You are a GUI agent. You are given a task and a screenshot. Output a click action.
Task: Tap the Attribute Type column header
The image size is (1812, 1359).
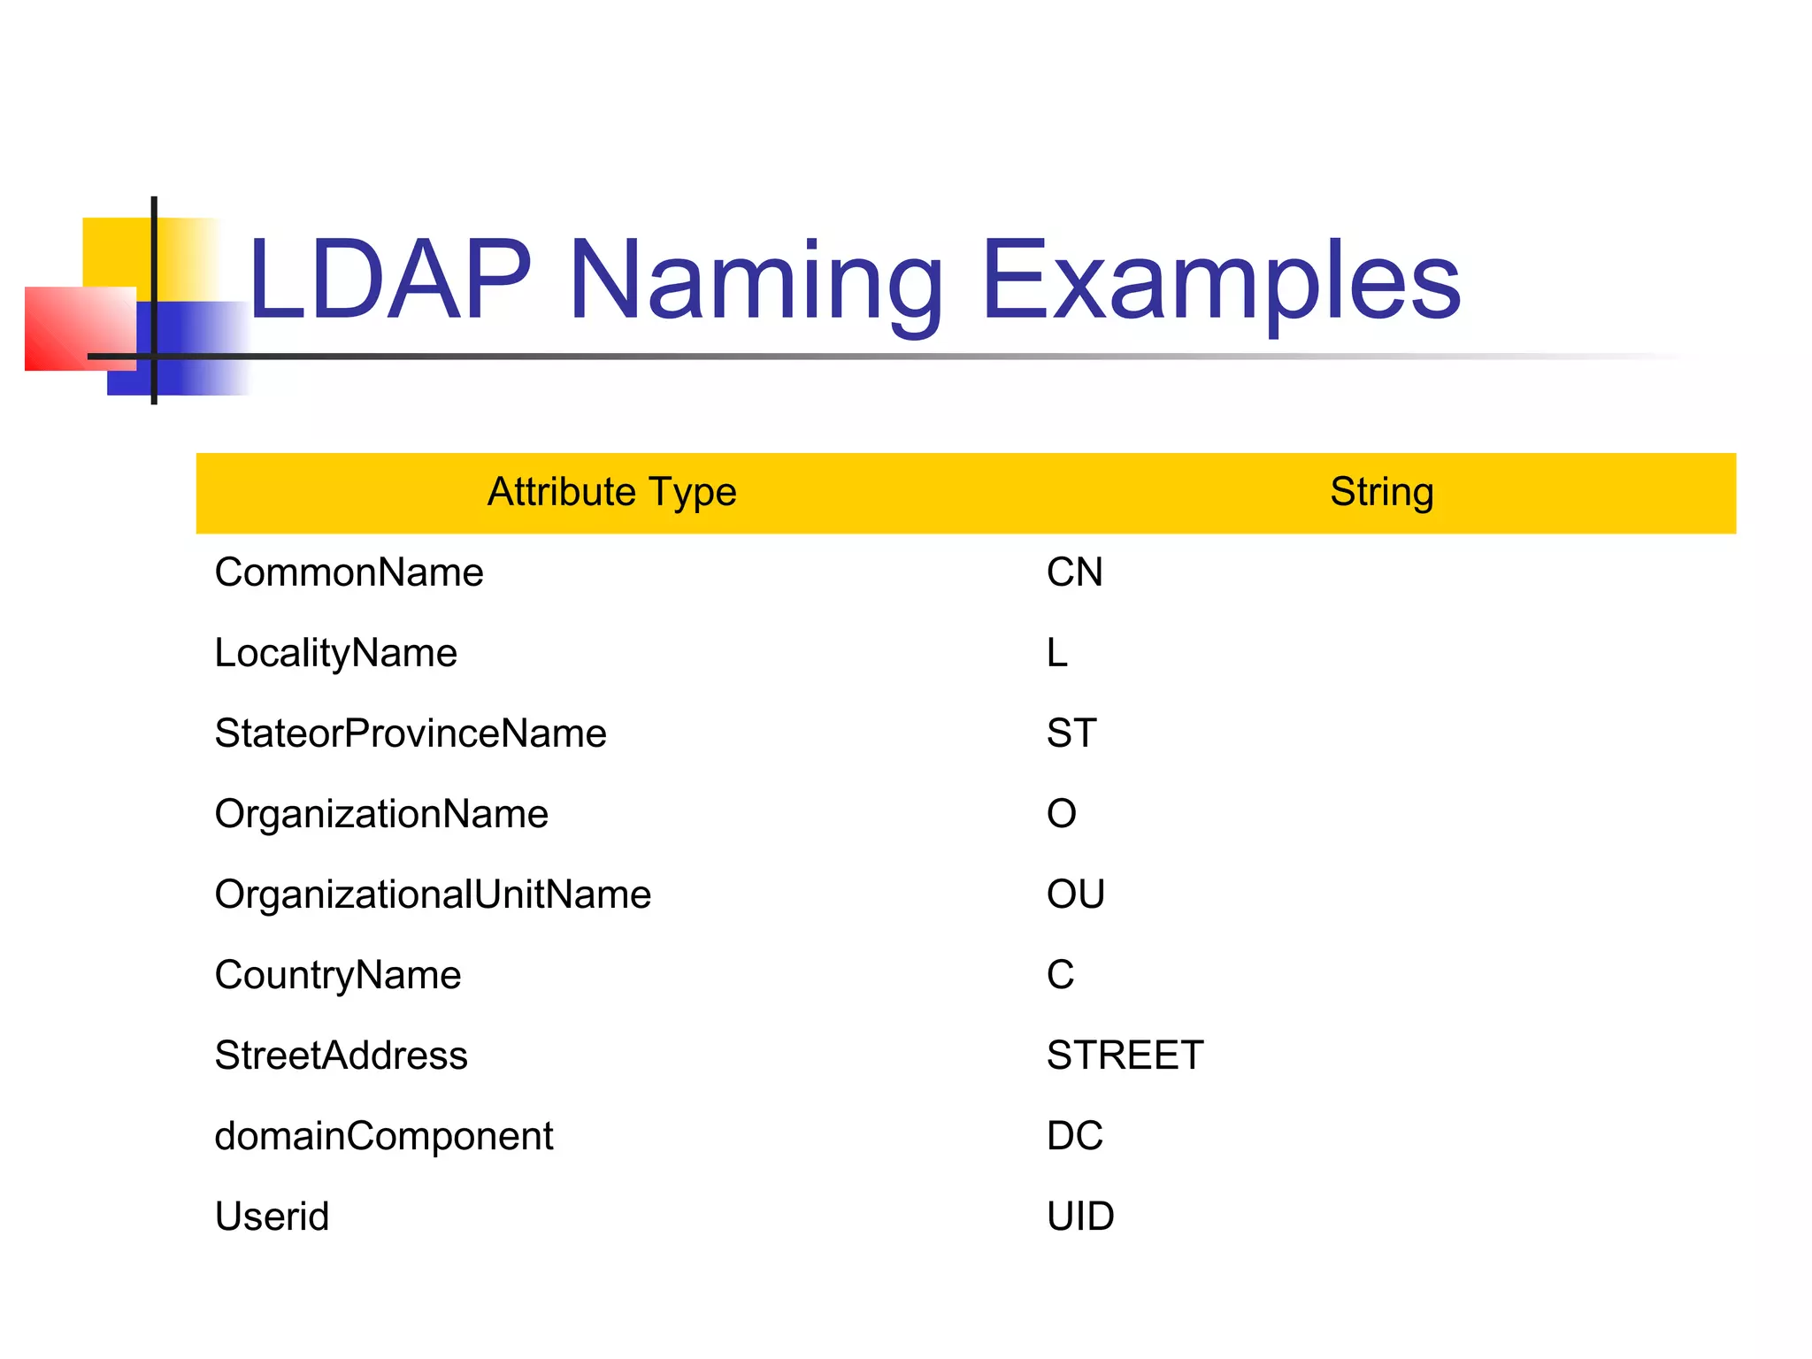[x=611, y=492]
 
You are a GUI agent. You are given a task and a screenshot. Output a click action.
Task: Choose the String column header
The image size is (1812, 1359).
[x=1381, y=492]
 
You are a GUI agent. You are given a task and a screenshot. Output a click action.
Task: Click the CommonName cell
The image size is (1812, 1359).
[x=349, y=572]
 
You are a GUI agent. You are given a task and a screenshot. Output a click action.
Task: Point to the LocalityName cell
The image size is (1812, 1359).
[x=335, y=653]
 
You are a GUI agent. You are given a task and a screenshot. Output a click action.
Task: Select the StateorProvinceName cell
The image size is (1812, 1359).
[x=411, y=733]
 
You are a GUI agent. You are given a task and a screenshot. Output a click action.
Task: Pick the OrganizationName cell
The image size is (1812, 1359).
[x=381, y=814]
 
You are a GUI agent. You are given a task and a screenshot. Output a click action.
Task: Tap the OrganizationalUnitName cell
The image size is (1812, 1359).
[x=433, y=894]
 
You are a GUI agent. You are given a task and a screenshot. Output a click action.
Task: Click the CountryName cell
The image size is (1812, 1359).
[x=338, y=975]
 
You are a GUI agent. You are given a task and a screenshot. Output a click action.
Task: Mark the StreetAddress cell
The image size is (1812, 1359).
[x=341, y=1056]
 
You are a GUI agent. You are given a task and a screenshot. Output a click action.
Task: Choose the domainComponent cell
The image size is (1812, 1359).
[x=384, y=1136]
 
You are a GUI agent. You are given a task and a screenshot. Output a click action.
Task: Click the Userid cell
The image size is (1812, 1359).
[x=272, y=1217]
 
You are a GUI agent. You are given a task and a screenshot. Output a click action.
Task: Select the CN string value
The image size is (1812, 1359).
[x=1074, y=572]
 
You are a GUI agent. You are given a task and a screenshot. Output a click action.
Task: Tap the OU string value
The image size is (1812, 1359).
[x=1075, y=894]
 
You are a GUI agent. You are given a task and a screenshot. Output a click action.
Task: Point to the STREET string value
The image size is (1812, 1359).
[x=1125, y=1056]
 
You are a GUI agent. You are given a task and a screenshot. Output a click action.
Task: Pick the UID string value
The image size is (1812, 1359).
[x=1080, y=1217]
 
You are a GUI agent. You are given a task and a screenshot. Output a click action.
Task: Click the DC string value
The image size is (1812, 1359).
[x=1074, y=1136]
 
